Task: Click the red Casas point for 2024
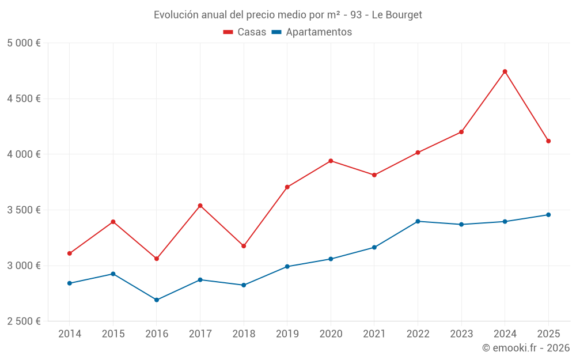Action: coord(505,71)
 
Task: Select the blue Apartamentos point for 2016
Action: coord(157,300)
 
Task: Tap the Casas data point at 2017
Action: coord(200,206)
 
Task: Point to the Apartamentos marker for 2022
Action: coord(418,221)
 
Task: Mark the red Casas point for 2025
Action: coord(548,141)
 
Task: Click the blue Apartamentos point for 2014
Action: coord(70,283)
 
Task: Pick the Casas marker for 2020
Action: coord(331,161)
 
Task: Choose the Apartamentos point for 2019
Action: coord(287,267)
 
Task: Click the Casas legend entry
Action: coord(245,32)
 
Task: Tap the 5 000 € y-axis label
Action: coord(24,43)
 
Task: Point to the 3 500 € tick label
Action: coord(24,210)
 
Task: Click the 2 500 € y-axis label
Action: coord(24,321)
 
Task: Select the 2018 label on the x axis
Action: coord(244,334)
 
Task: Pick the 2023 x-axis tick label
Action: coord(461,334)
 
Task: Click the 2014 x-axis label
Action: coord(70,334)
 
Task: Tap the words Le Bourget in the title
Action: coord(397,15)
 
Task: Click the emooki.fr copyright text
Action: coord(526,348)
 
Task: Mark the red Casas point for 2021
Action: coord(374,175)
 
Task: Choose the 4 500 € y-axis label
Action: coord(24,98)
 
